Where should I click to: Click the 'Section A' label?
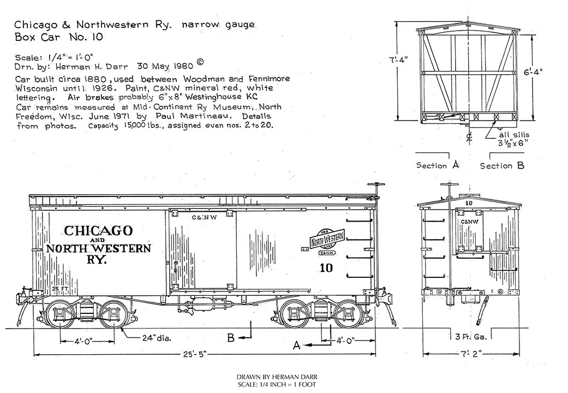click(437, 165)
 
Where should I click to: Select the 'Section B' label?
click(502, 165)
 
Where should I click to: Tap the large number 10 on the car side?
click(327, 268)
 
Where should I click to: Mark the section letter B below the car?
click(231, 338)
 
